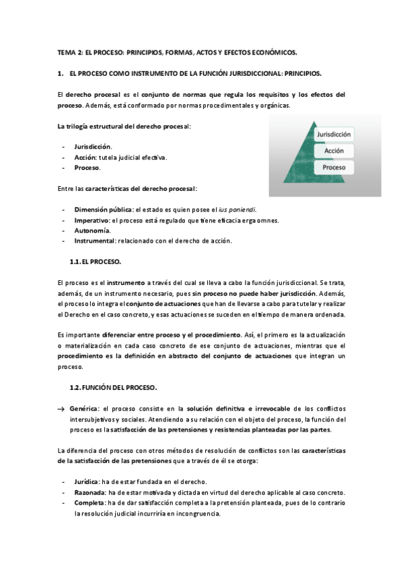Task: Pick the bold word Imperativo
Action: [x=92, y=220]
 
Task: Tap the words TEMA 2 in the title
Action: [x=68, y=51]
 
